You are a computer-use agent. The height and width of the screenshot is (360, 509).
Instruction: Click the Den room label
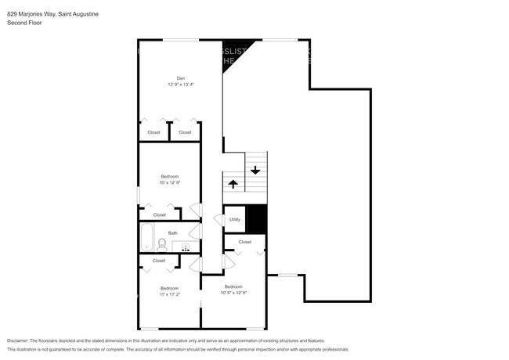click(x=180, y=78)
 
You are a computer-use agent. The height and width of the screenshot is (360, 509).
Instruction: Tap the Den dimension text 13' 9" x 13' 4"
click(x=180, y=85)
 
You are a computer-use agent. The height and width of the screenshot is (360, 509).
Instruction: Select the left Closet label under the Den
click(x=154, y=132)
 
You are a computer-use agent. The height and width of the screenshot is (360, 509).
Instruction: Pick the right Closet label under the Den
click(x=185, y=132)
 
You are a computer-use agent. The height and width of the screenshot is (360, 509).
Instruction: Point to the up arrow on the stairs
click(x=233, y=184)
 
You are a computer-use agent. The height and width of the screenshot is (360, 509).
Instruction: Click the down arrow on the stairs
click(x=255, y=169)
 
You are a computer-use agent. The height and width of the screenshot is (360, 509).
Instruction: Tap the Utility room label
click(x=234, y=220)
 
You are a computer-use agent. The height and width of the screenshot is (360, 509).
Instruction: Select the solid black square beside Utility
click(x=257, y=218)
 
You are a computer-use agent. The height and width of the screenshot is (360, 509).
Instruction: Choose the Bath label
click(x=172, y=232)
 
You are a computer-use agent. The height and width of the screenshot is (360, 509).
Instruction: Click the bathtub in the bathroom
click(x=147, y=239)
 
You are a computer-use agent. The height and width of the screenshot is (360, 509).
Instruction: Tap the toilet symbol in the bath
click(x=162, y=243)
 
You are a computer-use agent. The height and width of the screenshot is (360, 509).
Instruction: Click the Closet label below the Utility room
click(x=245, y=243)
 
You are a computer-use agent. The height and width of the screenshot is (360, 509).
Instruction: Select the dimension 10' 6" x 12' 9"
click(x=234, y=293)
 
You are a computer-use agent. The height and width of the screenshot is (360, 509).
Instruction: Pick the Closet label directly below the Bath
click(x=159, y=261)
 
